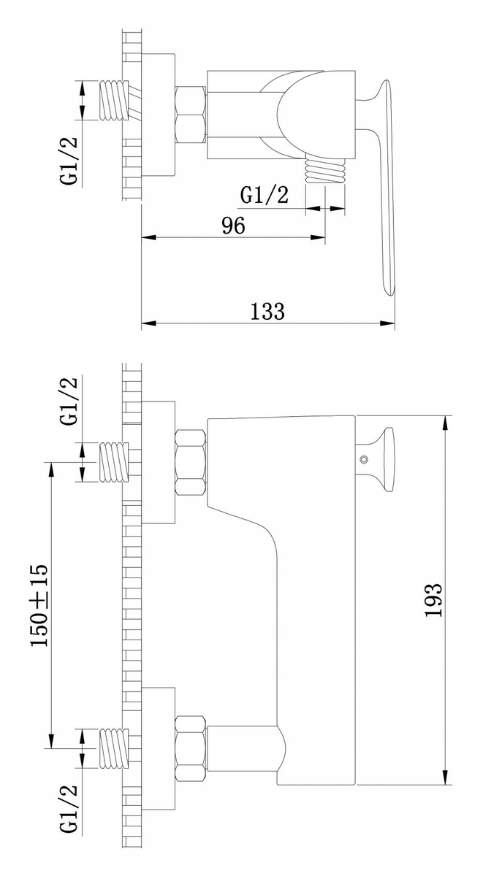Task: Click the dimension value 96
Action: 233,226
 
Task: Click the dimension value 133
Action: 267,311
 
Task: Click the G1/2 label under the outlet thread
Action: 265,195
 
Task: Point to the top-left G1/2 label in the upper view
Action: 69,161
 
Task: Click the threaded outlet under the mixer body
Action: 325,172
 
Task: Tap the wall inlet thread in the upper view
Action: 114,100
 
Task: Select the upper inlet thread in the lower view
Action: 114,462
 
